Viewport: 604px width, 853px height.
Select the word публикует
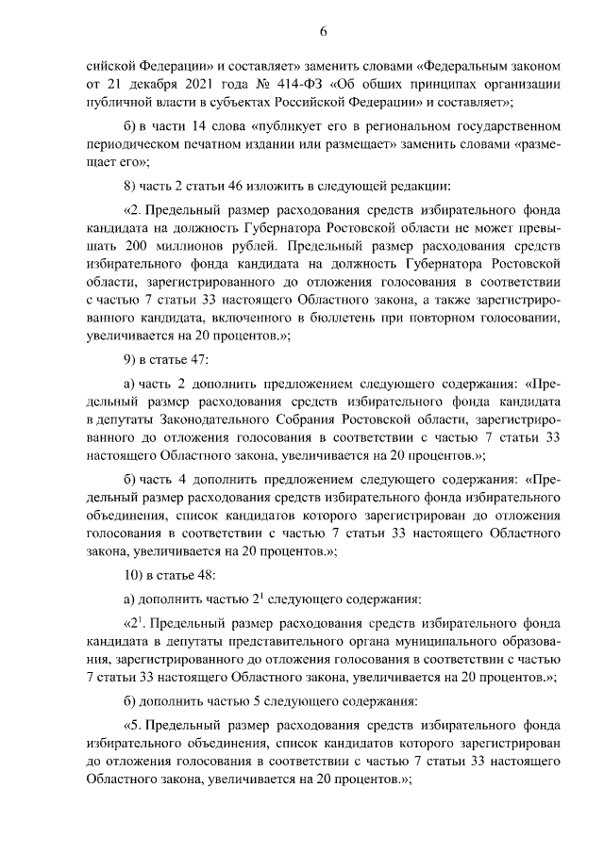(271, 125)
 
